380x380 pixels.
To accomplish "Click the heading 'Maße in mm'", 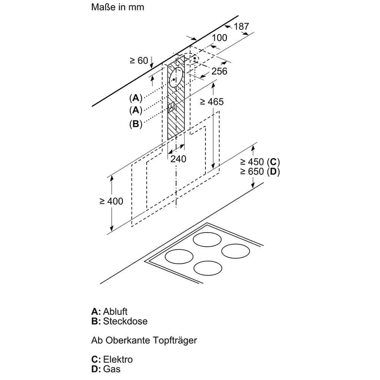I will [x=118, y=7].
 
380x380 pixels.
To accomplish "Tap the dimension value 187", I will [x=241, y=26].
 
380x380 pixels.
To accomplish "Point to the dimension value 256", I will [x=219, y=71].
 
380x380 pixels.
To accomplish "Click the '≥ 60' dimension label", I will [x=139, y=60].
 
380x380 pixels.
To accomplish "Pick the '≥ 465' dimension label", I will [x=212, y=101].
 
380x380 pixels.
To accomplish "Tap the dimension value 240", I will [x=178, y=158].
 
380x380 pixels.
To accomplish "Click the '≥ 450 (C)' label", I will [x=260, y=161].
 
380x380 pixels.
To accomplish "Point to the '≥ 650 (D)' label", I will [x=260, y=171].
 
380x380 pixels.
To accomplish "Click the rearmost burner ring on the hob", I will [x=207, y=239].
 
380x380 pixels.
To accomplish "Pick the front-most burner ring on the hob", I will [x=207, y=269].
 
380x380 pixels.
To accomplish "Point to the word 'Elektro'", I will [x=118, y=359].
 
